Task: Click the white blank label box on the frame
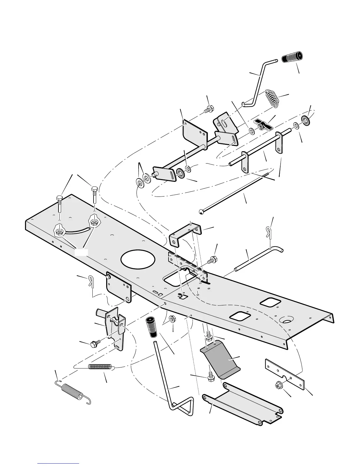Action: click(x=81, y=252)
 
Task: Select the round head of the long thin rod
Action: click(x=201, y=211)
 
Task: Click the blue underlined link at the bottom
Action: click(x=59, y=463)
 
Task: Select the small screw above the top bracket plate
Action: click(x=209, y=109)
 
